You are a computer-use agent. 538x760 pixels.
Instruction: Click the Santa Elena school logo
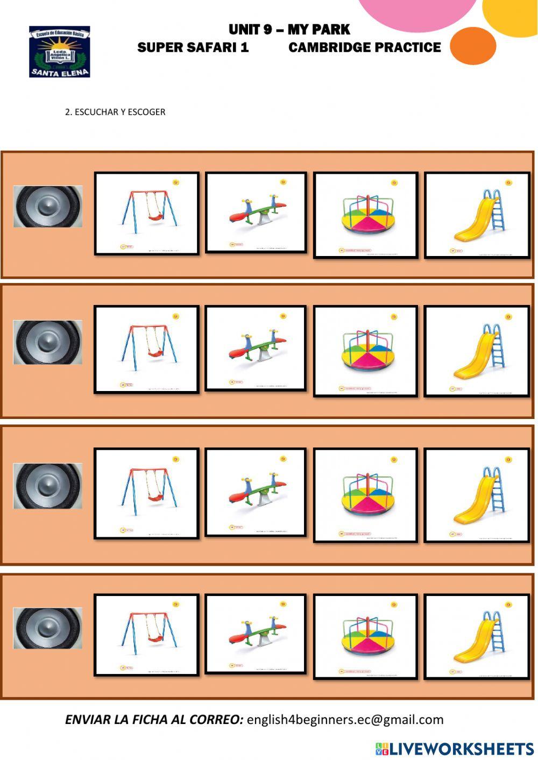click(59, 52)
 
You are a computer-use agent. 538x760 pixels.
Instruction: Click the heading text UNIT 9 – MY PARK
click(289, 30)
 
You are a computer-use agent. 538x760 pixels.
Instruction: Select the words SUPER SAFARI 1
click(193, 48)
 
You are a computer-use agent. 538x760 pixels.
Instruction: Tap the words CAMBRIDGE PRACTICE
click(364, 48)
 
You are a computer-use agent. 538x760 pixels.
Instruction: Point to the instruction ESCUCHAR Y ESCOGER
click(115, 112)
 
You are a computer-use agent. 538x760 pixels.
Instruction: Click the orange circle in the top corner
click(472, 46)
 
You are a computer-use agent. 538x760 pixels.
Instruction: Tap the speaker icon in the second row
click(48, 342)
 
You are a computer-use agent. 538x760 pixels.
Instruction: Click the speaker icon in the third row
click(48, 486)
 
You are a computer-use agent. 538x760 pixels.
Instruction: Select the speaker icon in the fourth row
click(48, 628)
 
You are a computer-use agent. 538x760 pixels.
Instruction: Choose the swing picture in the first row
click(147, 214)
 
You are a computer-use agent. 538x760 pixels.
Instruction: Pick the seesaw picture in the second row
click(256, 348)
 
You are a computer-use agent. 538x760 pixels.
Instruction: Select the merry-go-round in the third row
click(366, 494)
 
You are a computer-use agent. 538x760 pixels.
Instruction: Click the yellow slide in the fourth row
click(477, 636)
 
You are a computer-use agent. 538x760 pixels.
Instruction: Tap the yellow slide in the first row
click(477, 215)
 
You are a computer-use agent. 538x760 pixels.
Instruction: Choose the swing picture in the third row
click(147, 493)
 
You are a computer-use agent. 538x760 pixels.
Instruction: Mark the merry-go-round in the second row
click(366, 351)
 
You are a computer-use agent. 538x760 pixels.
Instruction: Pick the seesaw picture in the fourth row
click(256, 633)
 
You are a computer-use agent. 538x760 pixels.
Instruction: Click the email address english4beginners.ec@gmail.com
click(345, 720)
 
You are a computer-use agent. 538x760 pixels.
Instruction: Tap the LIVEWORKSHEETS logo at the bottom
click(455, 748)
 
